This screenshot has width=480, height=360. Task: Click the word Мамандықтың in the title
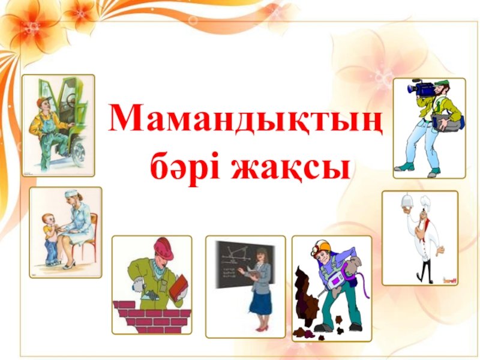[245, 122]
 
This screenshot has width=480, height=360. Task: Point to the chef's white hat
[426, 202]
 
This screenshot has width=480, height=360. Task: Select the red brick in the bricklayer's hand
[178, 287]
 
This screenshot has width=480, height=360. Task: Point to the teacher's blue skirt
[260, 303]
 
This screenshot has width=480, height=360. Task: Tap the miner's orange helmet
[321, 247]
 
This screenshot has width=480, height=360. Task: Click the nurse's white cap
[70, 193]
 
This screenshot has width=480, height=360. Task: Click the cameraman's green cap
[442, 83]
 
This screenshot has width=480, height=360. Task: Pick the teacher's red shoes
[261, 329]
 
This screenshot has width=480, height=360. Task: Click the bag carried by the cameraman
[449, 122]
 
